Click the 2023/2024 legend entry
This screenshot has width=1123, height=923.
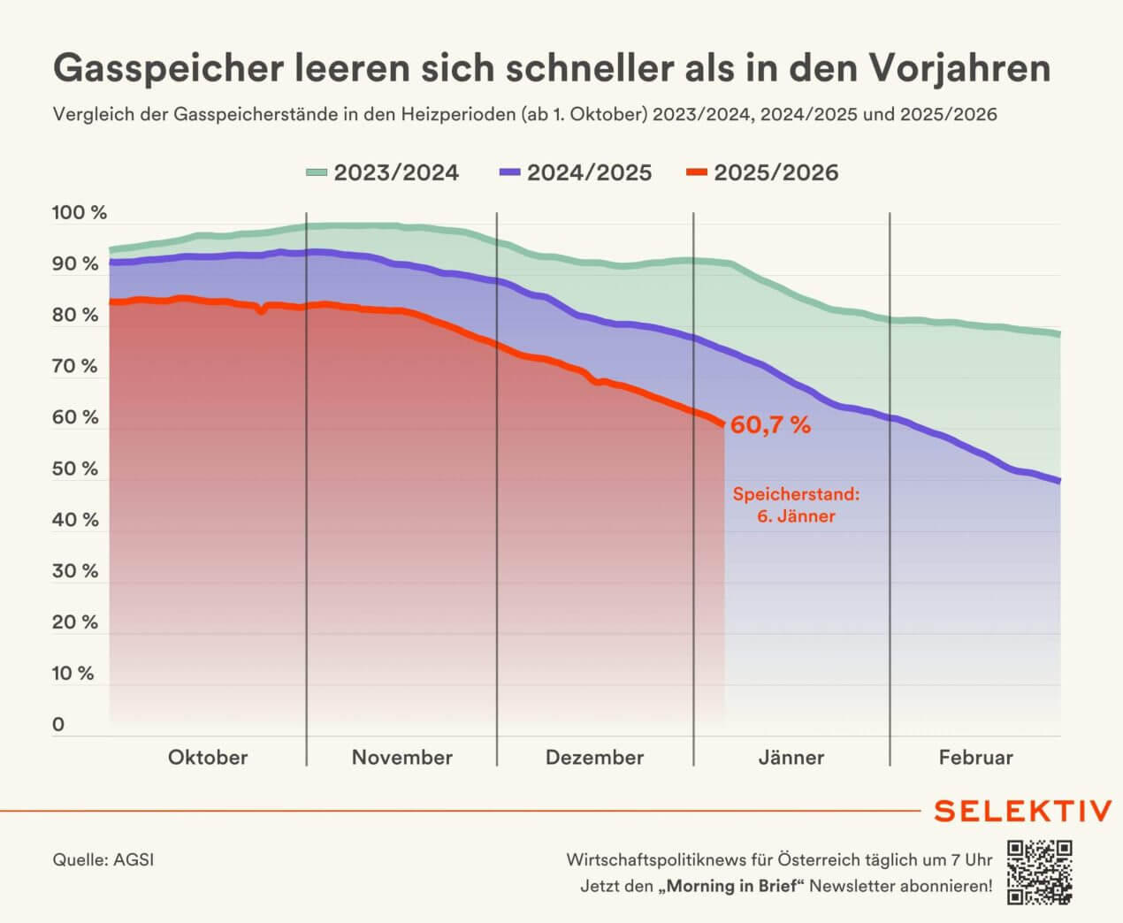(x=382, y=172)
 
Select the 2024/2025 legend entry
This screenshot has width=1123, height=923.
(x=576, y=172)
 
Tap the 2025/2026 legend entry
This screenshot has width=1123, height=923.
(x=762, y=172)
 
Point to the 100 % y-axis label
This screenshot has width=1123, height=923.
(x=79, y=213)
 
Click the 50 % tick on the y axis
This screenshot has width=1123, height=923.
(x=75, y=469)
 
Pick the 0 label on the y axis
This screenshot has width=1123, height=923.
(x=58, y=724)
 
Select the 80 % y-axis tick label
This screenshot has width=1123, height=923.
(x=75, y=316)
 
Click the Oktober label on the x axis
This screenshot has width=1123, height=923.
(x=208, y=758)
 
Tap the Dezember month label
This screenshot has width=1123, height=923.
(x=594, y=758)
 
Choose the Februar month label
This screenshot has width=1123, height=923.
(x=975, y=758)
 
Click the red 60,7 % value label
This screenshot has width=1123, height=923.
(x=770, y=425)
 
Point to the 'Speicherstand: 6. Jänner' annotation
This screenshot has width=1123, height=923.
(x=796, y=505)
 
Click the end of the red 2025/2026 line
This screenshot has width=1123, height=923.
(x=723, y=425)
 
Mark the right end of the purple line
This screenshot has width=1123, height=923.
(x=1058, y=480)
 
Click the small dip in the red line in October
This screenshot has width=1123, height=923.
(x=261, y=310)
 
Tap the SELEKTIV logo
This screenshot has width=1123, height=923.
(x=1022, y=811)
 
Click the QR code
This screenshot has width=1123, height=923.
(x=1039, y=873)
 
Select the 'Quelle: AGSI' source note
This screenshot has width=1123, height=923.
(x=103, y=859)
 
